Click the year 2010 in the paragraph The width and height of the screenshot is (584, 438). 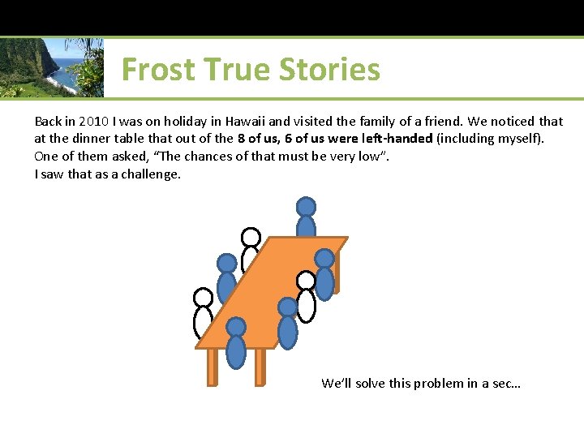click(x=94, y=121)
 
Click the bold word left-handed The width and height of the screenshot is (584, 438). click(x=394, y=139)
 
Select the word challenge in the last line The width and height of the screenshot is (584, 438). click(x=150, y=174)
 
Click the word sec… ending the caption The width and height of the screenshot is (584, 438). click(x=507, y=383)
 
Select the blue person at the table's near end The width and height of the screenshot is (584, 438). click(x=236, y=345)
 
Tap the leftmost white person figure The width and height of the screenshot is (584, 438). click(x=203, y=313)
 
